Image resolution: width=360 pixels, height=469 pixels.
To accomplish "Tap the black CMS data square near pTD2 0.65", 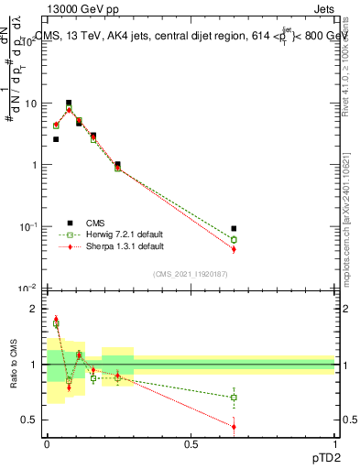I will (x=234, y=228).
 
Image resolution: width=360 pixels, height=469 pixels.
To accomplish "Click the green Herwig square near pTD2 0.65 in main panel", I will (x=234, y=240).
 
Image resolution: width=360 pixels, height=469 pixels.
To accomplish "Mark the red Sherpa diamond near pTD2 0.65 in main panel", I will (x=234, y=249).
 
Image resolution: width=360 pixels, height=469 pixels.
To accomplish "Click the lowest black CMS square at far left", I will (x=56, y=139).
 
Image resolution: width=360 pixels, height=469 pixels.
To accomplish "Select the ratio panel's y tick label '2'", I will (x=34, y=309).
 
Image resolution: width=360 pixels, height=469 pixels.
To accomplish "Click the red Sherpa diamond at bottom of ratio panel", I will (x=234, y=426).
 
